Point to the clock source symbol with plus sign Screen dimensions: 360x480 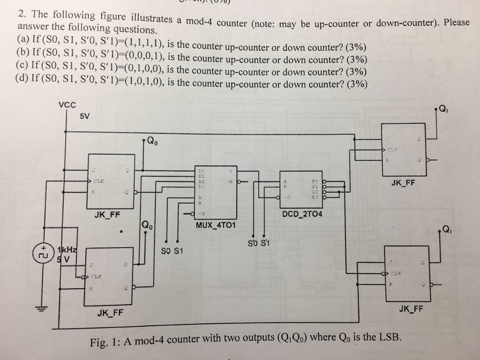coord(42,252)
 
